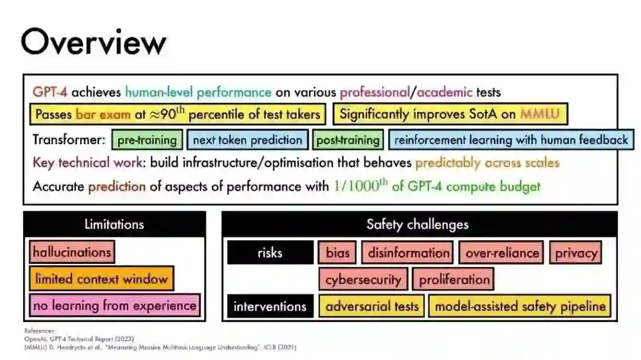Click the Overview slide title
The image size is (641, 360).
94,43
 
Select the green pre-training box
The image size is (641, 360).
147,140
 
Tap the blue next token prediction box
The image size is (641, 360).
247,140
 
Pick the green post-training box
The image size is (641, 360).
348,140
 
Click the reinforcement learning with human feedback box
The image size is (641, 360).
511,140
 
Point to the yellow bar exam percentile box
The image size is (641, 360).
177,114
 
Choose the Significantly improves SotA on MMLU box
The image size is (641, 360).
450,114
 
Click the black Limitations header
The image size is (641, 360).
114,224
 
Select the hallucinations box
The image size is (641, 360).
72,251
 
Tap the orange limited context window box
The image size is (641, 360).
101,279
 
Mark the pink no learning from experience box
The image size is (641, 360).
115,306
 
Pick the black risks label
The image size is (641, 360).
270,253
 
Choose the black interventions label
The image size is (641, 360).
270,307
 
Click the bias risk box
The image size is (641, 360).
338,253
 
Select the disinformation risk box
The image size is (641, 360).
408,253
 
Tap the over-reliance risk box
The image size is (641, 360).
502,253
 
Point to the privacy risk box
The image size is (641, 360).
576,253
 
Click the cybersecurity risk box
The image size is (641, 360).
363,279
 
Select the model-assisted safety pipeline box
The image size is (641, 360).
521,307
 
